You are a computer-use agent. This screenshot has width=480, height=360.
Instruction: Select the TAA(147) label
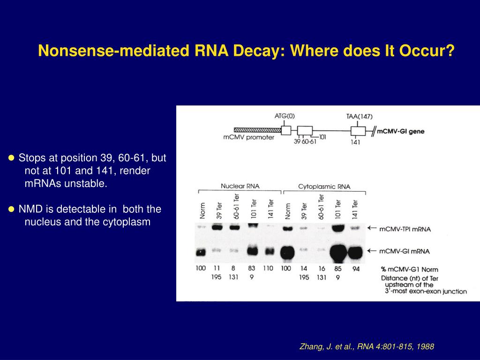pos(360,116)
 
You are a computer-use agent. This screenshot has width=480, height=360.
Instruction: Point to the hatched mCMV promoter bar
pos(257,130)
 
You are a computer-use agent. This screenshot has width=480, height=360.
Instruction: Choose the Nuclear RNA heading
pos(240,186)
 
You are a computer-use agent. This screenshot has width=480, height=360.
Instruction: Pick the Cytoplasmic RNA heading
pos(324,187)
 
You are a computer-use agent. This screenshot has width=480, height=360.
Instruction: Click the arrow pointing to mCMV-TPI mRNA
pos(372,228)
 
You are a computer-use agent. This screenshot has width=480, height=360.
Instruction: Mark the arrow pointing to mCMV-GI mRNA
pos(372,251)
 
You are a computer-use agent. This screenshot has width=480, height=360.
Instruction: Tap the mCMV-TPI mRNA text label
pos(404,229)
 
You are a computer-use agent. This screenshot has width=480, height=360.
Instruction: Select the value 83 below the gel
pos(252,269)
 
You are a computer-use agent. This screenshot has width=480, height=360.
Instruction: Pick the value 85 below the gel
pos(337,269)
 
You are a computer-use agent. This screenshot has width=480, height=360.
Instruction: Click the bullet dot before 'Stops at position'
pos(12,157)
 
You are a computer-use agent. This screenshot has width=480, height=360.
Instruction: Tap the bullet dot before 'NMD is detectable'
pos(12,209)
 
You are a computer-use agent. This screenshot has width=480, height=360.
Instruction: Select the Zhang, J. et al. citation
pos(367,347)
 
